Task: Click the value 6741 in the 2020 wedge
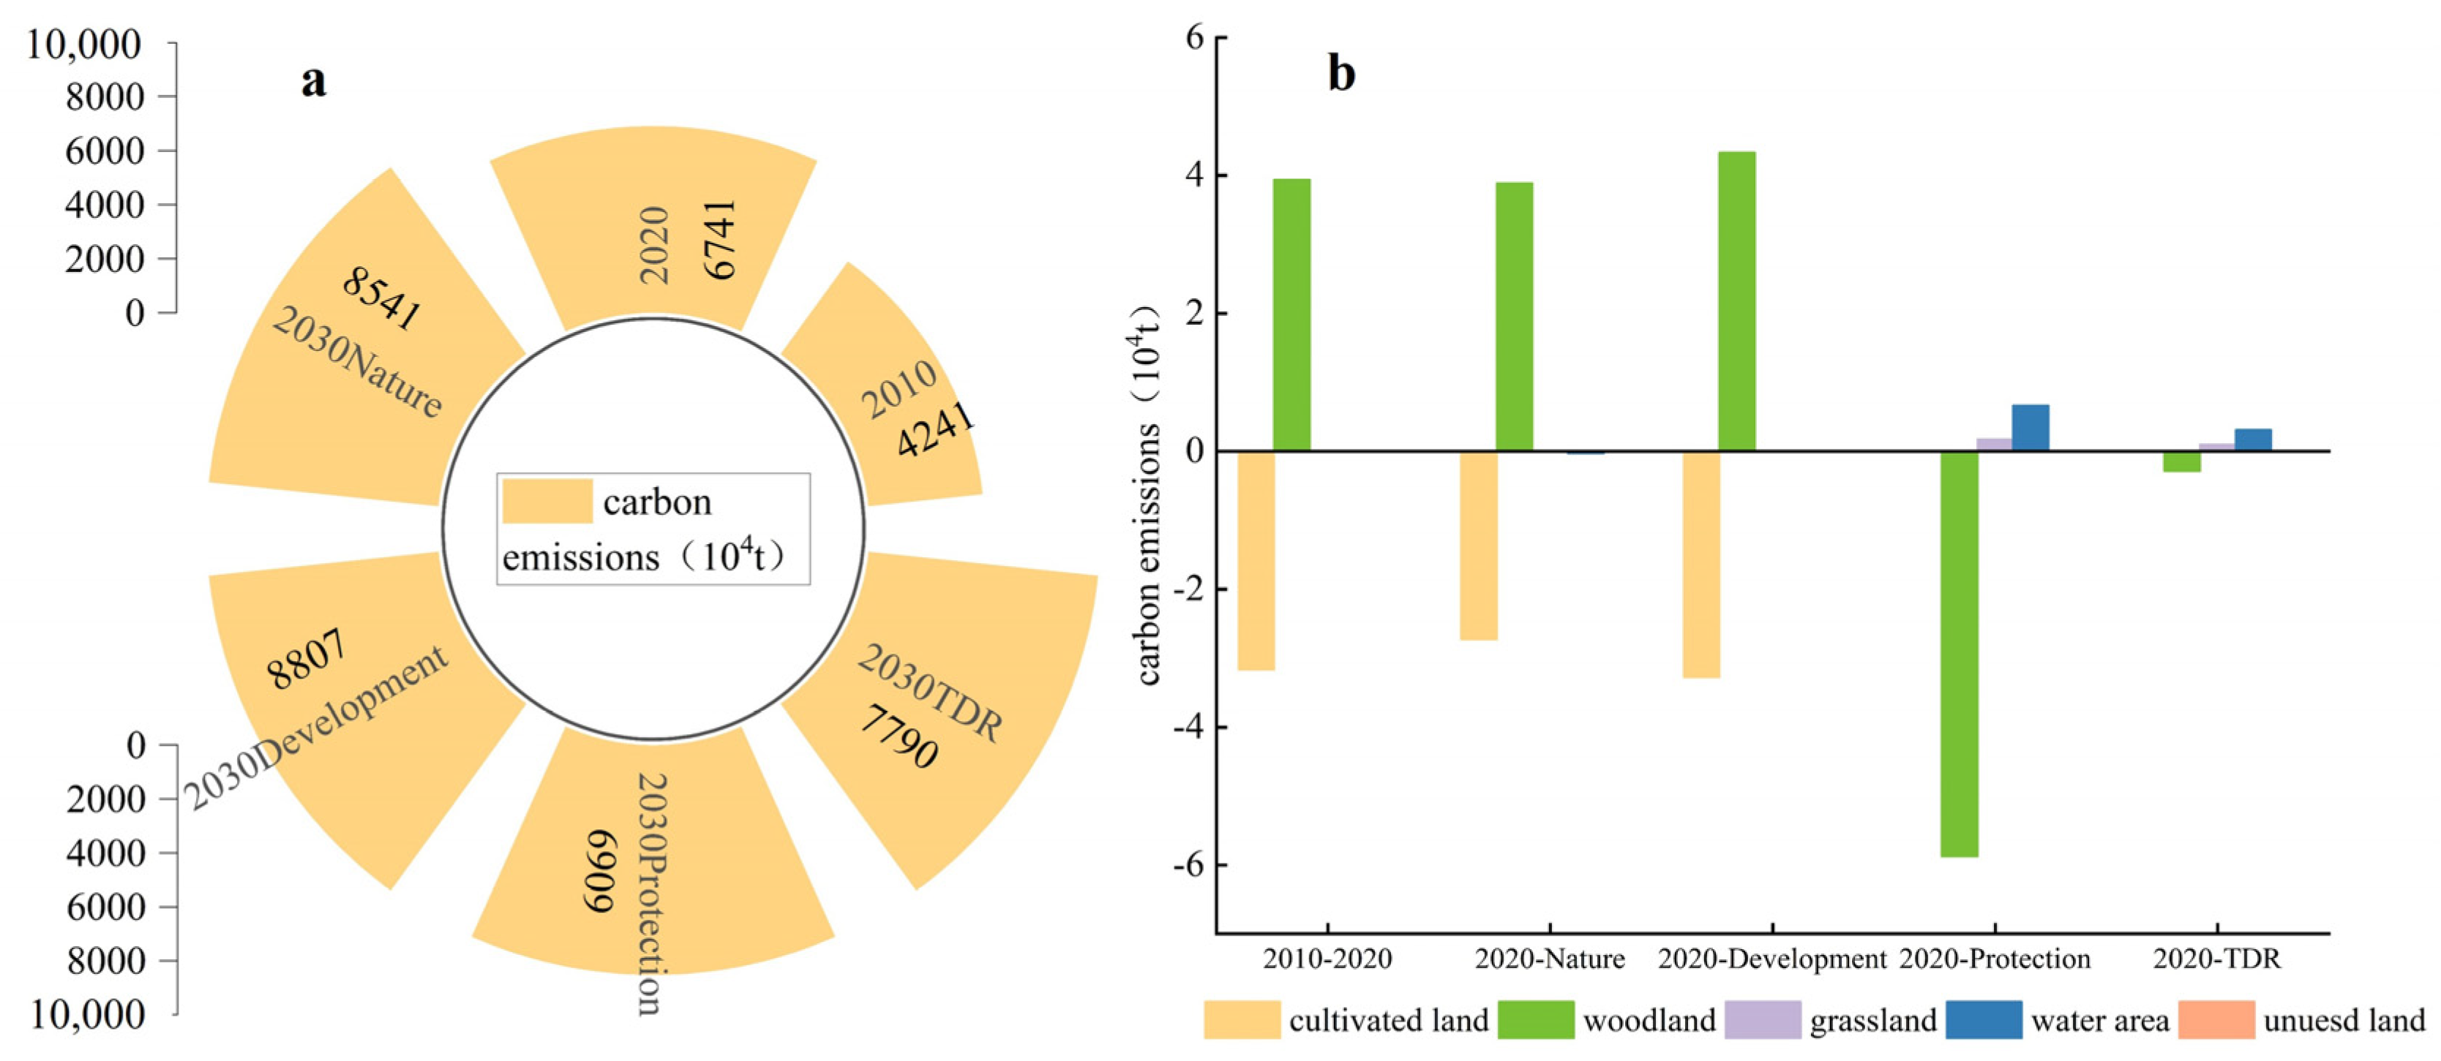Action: pos(720,240)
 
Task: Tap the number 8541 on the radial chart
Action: pos(382,298)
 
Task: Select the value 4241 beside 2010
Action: pos(935,429)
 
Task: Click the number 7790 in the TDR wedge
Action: pos(899,736)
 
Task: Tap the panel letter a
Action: pos(314,81)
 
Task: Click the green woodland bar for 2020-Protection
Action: pos(1959,654)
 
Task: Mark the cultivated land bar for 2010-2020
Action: pos(1256,560)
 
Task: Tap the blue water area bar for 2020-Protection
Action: pos(2030,427)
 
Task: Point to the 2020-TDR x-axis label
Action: pos(2216,959)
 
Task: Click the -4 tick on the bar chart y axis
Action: pos(1190,728)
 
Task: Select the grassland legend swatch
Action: pos(1763,1020)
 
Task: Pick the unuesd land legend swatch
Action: pos(2216,1020)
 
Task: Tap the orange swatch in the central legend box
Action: pos(547,500)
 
